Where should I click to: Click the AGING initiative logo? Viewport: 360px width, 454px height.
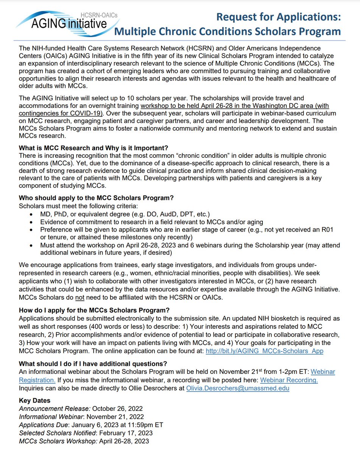tap(62, 23)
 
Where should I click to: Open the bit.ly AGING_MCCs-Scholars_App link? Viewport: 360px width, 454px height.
tap(264, 351)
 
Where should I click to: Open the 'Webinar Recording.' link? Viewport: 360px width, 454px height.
tap(289, 380)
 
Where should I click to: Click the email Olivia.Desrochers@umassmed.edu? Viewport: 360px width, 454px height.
tap(237, 388)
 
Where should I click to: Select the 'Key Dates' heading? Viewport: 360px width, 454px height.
tap(34, 401)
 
